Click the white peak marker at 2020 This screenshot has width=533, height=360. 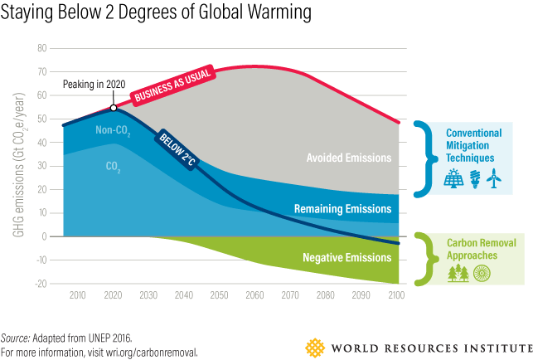[x=114, y=107]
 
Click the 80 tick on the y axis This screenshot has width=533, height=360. [x=42, y=49]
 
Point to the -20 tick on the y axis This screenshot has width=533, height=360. [x=40, y=284]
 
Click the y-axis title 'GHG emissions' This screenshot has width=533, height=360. [x=17, y=166]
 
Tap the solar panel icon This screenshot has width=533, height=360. [x=453, y=178]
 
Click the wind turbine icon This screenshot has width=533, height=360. [x=494, y=178]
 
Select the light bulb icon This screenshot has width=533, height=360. [x=475, y=178]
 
